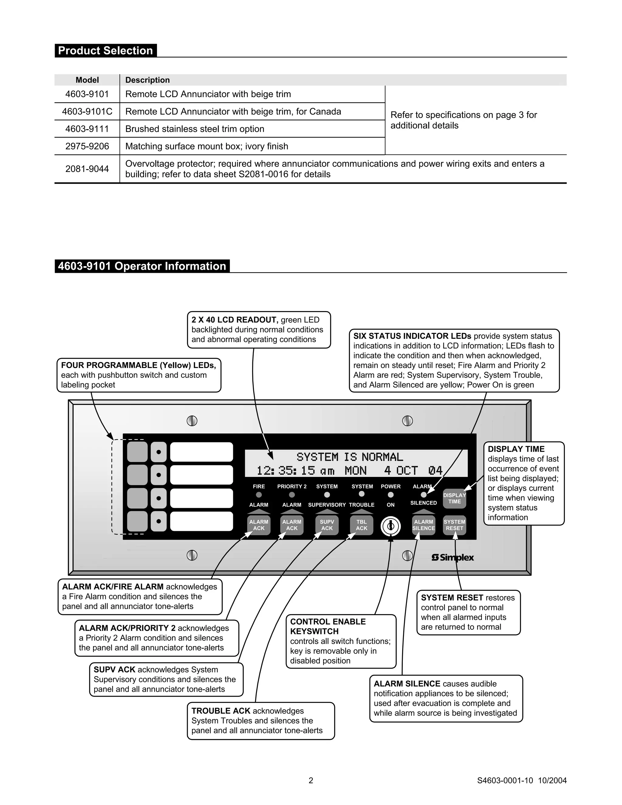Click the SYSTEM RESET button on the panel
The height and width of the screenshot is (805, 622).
[454, 525]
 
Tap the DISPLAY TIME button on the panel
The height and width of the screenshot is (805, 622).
[454, 498]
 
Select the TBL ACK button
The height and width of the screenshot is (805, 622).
[361, 525]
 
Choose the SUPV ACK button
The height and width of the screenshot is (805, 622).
[327, 525]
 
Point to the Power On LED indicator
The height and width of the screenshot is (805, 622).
[391, 495]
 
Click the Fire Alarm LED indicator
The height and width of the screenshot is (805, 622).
[259, 495]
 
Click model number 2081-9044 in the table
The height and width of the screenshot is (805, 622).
[87, 169]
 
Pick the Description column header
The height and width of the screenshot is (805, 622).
[147, 80]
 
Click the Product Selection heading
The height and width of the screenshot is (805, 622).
[105, 50]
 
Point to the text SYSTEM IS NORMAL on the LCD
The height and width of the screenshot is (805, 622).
[349, 457]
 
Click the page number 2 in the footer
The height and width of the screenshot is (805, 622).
[311, 780]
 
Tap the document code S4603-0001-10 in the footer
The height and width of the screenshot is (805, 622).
[505, 780]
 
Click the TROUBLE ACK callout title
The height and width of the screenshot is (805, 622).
[221, 711]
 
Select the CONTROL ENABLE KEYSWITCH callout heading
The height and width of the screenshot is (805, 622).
[328, 626]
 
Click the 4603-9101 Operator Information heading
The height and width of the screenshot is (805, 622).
[142, 266]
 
